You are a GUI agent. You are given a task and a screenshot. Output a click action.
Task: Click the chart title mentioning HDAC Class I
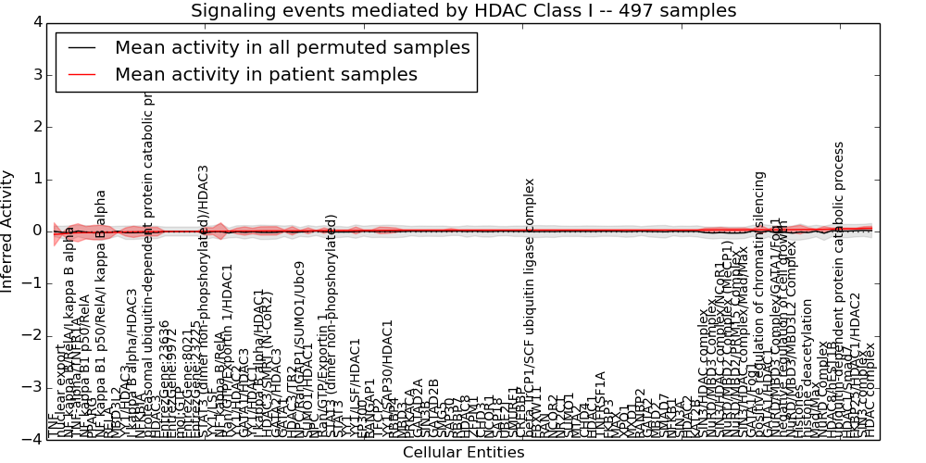click(463, 11)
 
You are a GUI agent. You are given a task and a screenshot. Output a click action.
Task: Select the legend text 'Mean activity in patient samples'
click(266, 75)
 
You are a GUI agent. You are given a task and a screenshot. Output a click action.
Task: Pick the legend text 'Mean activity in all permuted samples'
click(292, 48)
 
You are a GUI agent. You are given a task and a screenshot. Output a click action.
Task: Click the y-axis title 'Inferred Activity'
click(8, 231)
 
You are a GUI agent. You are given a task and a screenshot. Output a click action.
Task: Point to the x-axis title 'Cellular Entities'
click(463, 453)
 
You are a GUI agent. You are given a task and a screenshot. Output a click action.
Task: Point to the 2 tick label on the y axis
click(35, 127)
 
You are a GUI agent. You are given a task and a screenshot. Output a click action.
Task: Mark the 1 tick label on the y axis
click(35, 179)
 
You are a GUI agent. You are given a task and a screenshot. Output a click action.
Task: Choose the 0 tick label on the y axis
click(35, 231)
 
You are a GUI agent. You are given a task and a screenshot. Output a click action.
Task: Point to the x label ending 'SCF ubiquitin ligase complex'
click(530, 320)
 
